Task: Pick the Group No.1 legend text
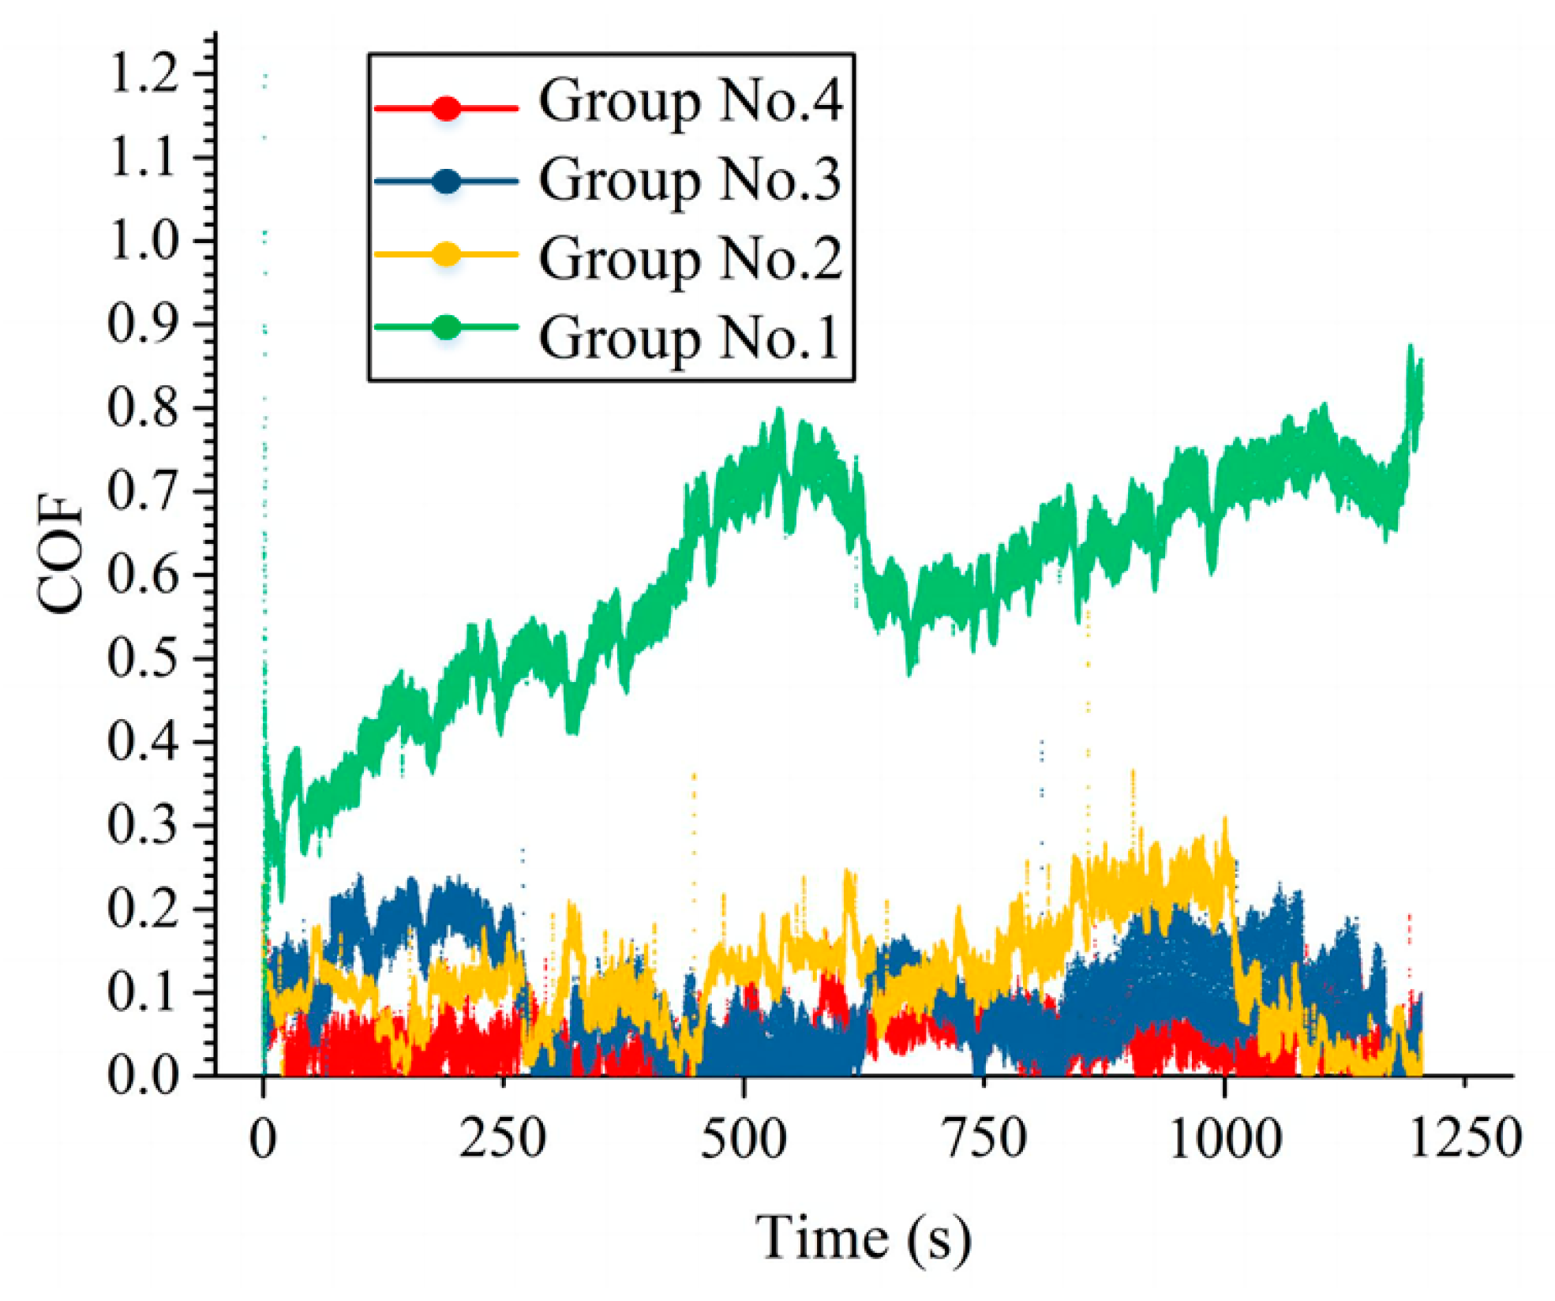point(688,339)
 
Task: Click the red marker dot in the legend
point(447,107)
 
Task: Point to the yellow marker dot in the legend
point(447,254)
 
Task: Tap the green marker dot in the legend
point(447,326)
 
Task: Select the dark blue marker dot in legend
point(447,182)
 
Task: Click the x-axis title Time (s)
point(863,1239)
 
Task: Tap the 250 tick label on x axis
point(503,1139)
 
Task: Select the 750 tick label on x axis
point(984,1139)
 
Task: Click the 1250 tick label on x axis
point(1464,1139)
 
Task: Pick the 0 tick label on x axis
point(263,1139)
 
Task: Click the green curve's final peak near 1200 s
point(1410,348)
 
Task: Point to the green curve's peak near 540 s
point(780,411)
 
